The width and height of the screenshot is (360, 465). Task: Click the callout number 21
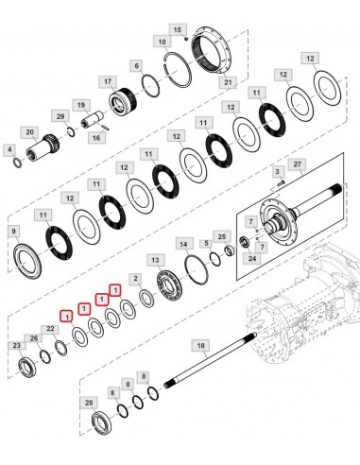click(x=227, y=83)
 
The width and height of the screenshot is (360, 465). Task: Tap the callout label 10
click(x=163, y=43)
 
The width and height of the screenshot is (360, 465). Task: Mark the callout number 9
click(x=14, y=230)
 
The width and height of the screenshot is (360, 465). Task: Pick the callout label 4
click(x=9, y=149)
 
